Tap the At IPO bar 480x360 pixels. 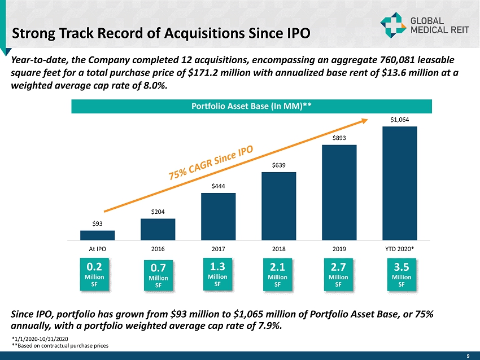pos(97,235)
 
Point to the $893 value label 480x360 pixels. pos(339,138)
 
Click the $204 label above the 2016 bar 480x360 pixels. pos(158,211)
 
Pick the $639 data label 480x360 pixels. pos(278,165)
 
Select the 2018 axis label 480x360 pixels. pos(278,248)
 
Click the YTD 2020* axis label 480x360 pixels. pos(399,248)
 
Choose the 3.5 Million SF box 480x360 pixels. pos(401,273)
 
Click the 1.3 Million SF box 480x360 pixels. pos(218,273)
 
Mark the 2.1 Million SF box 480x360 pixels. pos(277,273)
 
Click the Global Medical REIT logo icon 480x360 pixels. pos(390,24)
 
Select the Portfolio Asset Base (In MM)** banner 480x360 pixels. pos(251,106)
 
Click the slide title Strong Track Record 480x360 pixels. pos(161,32)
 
